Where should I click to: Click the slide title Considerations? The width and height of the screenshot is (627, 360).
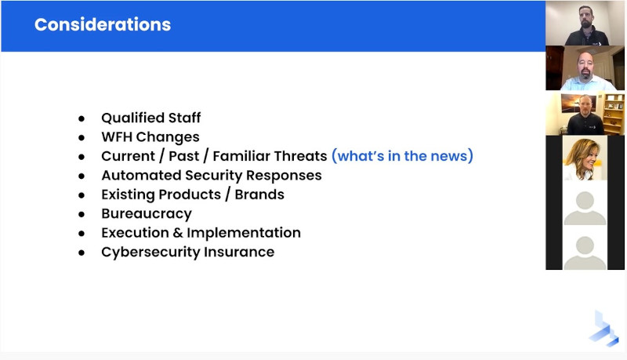pyautogui.click(x=103, y=24)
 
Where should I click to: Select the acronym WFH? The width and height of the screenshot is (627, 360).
pyautogui.click(x=116, y=136)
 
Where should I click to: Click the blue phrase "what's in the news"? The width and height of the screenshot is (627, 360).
pyautogui.click(x=402, y=155)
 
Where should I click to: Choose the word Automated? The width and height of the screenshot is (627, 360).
pyautogui.click(x=141, y=175)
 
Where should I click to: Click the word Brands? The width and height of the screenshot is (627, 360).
pyautogui.click(x=259, y=195)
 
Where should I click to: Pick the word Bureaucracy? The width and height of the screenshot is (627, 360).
pyautogui.click(x=147, y=214)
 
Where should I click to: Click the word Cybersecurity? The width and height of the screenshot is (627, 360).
pyautogui.click(x=150, y=253)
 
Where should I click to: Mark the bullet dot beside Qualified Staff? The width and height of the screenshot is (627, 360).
pyautogui.click(x=82, y=118)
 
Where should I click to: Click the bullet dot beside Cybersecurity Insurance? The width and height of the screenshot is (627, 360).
pyautogui.click(x=82, y=253)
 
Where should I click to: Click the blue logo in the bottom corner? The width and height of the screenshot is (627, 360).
pyautogui.click(x=604, y=329)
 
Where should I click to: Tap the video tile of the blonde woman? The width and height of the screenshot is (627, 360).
pyautogui.click(x=585, y=158)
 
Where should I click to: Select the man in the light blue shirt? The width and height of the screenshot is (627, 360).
pyautogui.click(x=585, y=68)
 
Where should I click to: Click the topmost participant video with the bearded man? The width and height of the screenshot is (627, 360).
pyautogui.click(x=585, y=24)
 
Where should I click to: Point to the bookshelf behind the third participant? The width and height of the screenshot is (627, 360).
pyautogui.click(x=614, y=114)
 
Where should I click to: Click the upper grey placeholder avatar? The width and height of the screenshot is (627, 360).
pyautogui.click(x=585, y=208)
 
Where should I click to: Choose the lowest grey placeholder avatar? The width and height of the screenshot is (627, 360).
pyautogui.click(x=585, y=253)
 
